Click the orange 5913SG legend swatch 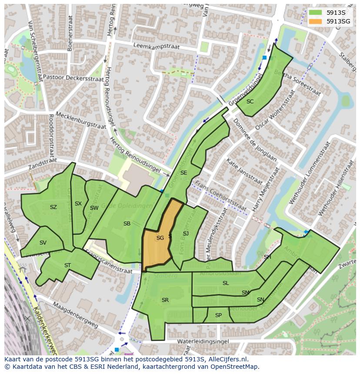316,21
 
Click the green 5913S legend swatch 316,13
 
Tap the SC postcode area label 250,102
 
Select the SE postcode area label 183,173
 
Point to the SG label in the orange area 160,238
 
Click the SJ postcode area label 186,234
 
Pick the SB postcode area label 127,224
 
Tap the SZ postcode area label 53,207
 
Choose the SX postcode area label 78,204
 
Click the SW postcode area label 94,208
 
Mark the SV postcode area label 43,243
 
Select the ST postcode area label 67,265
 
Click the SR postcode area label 165,300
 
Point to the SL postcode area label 226,283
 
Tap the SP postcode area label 218,315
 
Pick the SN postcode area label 260,300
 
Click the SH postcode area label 267,257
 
